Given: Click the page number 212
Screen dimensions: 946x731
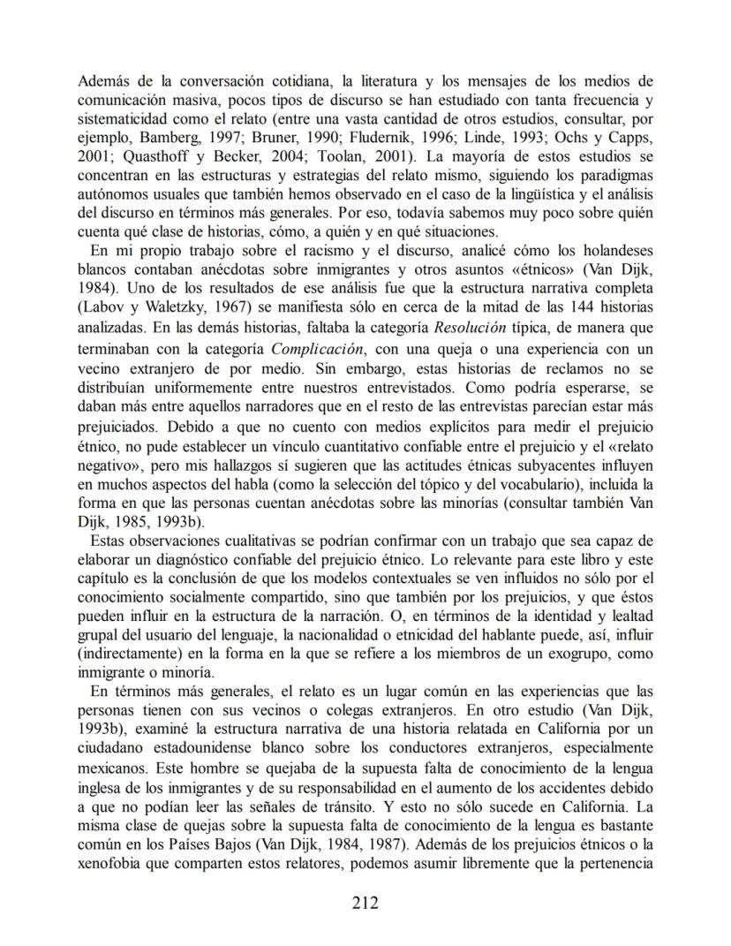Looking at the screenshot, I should (x=365, y=902).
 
